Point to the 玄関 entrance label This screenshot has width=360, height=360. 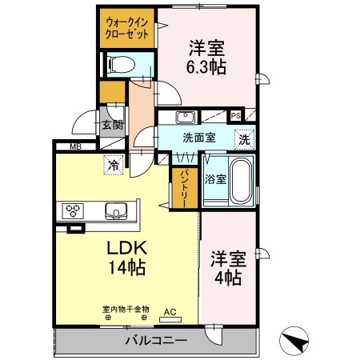[111, 124]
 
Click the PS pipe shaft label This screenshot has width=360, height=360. [236, 115]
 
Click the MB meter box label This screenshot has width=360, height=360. [75, 146]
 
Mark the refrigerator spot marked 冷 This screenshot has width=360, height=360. [114, 166]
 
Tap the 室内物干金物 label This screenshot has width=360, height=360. [125, 309]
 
